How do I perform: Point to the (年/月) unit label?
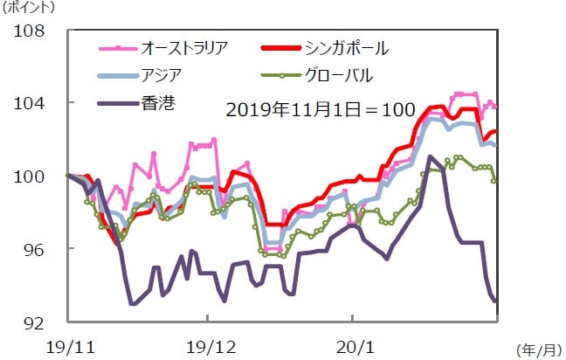coord(535,350)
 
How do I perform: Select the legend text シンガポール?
coord(348,45)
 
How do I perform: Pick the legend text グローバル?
coord(340,74)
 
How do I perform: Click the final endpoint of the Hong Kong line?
coord(496,302)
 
